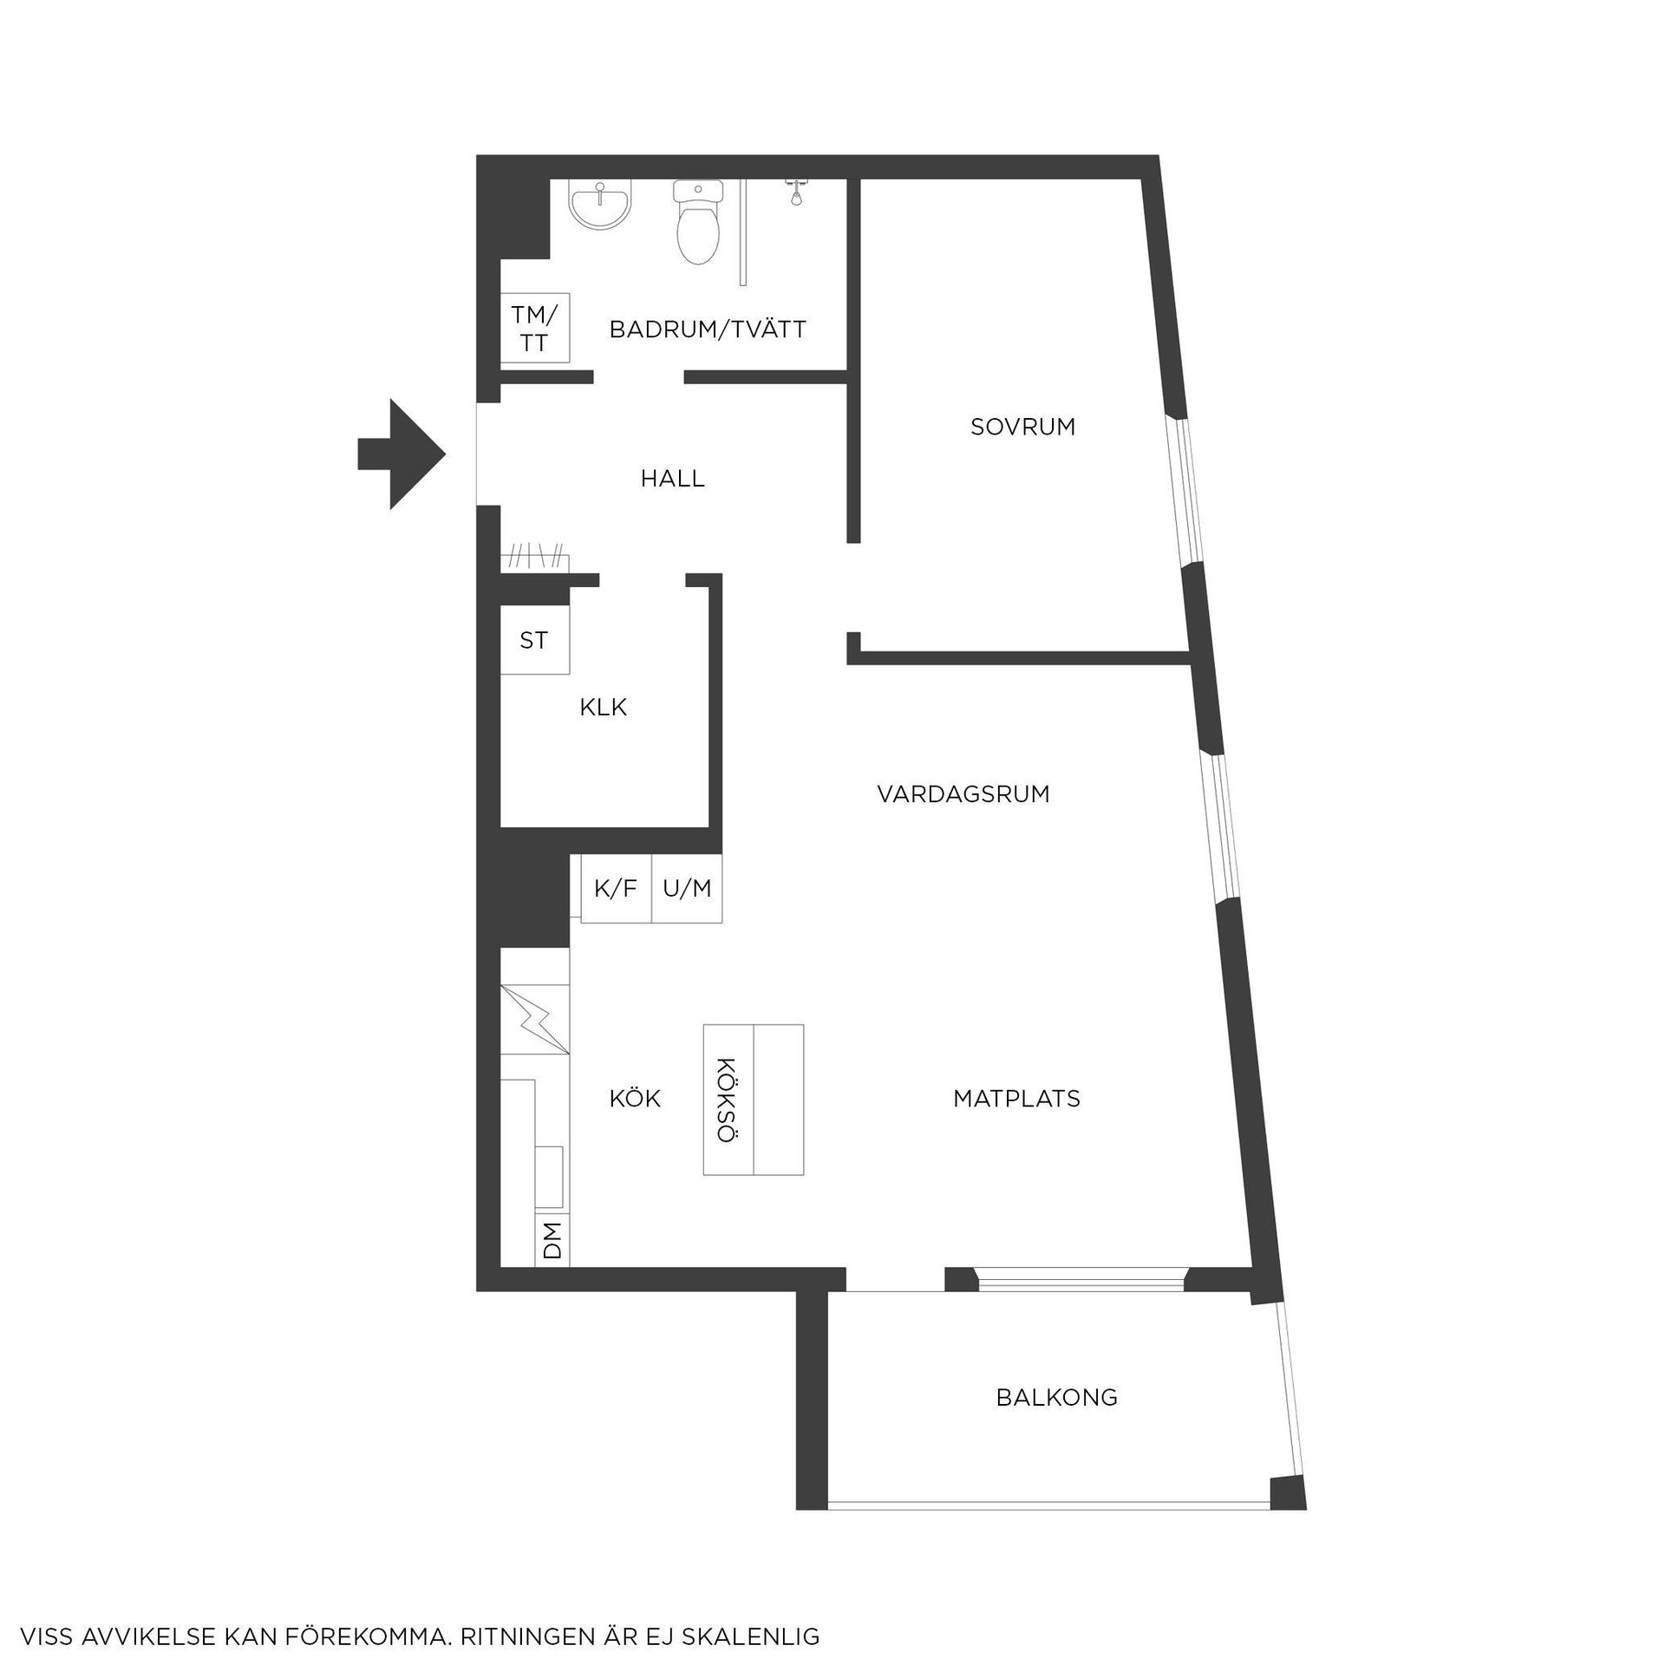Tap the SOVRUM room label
tap(1022, 427)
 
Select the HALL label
tap(672, 478)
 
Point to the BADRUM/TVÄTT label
tap(708, 330)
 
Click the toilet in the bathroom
tap(698, 223)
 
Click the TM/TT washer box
tap(535, 328)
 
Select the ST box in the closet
tap(535, 639)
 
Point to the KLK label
tap(603, 708)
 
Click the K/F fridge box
tap(616, 888)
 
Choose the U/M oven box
tap(687, 888)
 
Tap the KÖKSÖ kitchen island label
tap(728, 1100)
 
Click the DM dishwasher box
tap(552, 1239)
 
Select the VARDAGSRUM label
tap(963, 794)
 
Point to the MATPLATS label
tap(1016, 1099)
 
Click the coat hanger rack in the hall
tap(535, 558)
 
